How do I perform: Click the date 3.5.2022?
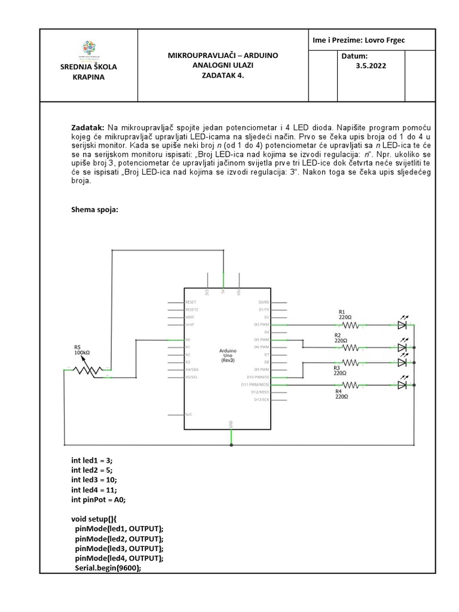click(371, 66)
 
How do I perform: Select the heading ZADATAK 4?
click(223, 76)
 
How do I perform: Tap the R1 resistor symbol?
click(350, 325)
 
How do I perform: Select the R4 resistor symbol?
click(350, 384)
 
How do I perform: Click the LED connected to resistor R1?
click(402, 325)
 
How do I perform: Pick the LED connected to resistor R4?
click(402, 384)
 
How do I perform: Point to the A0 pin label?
click(188, 339)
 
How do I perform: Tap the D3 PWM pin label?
click(261, 325)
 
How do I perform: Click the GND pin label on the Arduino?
click(231, 424)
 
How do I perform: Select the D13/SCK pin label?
click(262, 399)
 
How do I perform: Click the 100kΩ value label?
click(82, 353)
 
